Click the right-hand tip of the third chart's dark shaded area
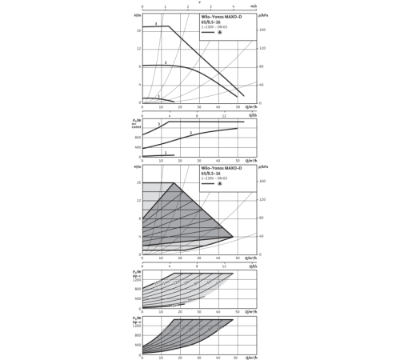(231, 235)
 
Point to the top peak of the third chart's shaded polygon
(178, 183)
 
